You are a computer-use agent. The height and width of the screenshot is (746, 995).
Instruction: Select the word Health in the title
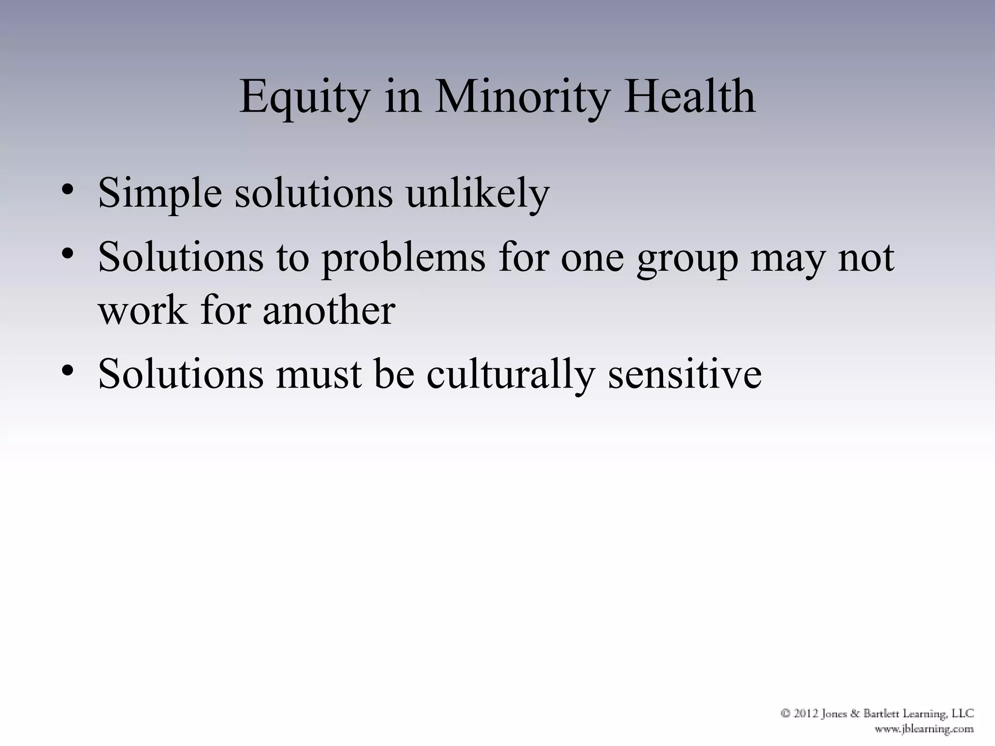[x=689, y=97]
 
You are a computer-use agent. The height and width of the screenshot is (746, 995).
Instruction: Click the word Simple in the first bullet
[x=160, y=193]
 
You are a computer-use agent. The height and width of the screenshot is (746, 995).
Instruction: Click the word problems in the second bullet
[x=403, y=258]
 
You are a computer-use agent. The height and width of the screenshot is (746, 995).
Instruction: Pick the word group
[x=687, y=258]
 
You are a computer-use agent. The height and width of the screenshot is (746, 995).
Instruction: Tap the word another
[x=329, y=310]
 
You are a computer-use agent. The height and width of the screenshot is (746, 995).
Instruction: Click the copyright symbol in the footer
[x=786, y=713]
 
